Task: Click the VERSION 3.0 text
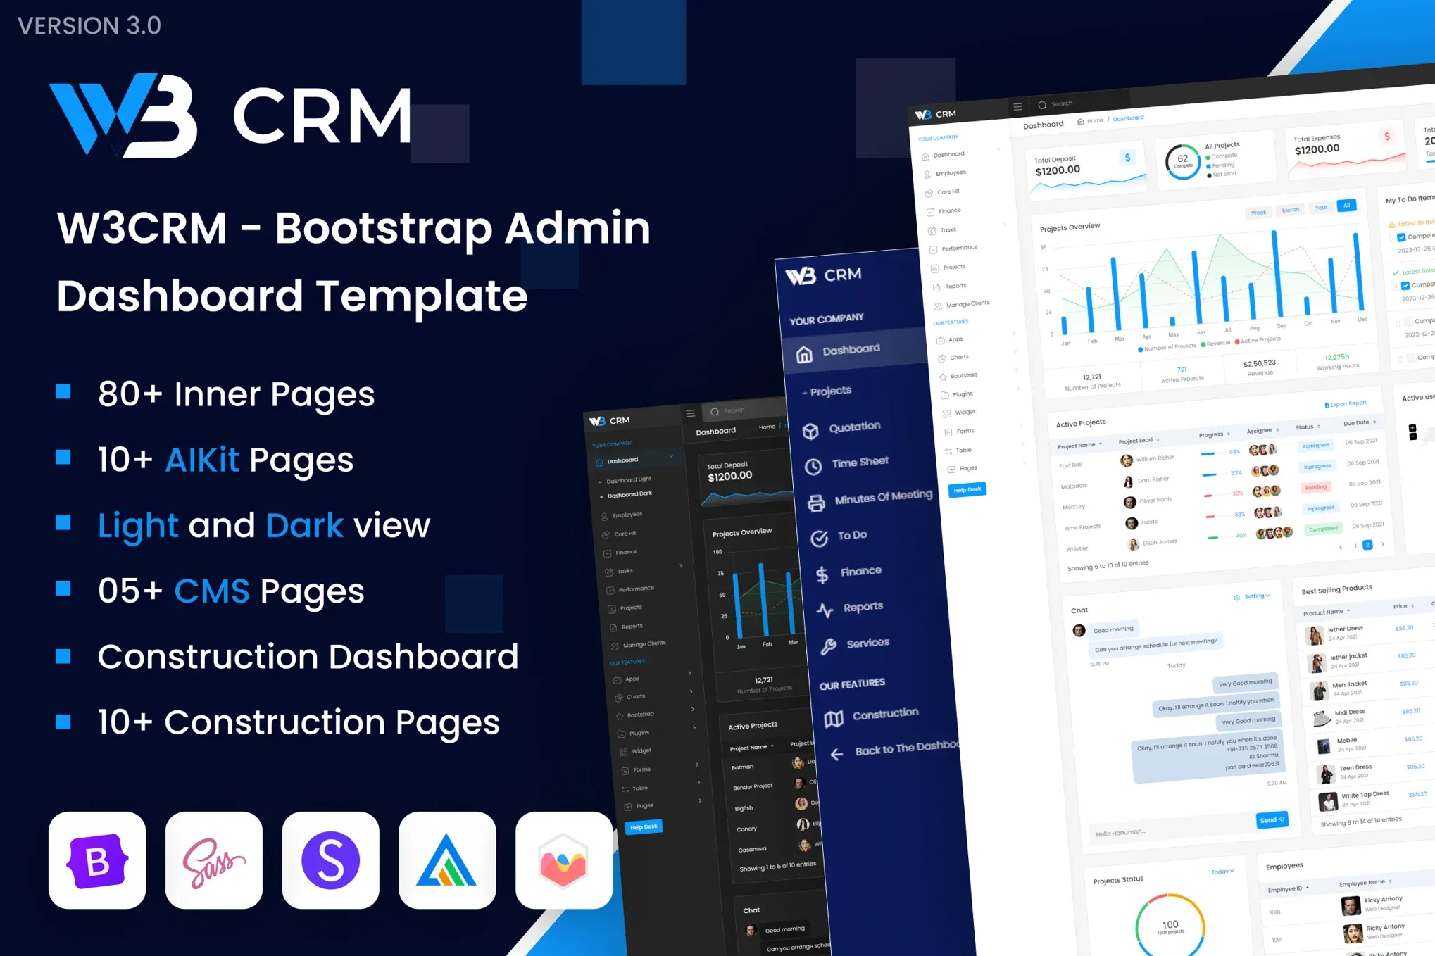pyautogui.click(x=89, y=26)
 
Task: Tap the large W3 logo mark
pyautogui.click(x=124, y=115)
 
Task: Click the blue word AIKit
pyautogui.click(x=202, y=460)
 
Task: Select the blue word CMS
pyautogui.click(x=211, y=591)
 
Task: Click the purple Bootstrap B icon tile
pyautogui.click(x=97, y=860)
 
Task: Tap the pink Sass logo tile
pyautogui.click(x=214, y=860)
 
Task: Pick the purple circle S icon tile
pyautogui.click(x=331, y=860)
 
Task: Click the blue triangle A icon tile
pyautogui.click(x=447, y=860)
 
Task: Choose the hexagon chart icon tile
pyautogui.click(x=563, y=860)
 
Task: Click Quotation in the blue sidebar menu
pyautogui.click(x=854, y=427)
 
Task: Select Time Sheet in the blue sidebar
pyautogui.click(x=860, y=462)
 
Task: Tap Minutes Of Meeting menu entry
pyautogui.click(x=883, y=497)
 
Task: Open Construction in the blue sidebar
pyautogui.click(x=885, y=714)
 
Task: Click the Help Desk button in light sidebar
pyautogui.click(x=967, y=489)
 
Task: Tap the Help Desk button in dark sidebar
pyautogui.click(x=643, y=827)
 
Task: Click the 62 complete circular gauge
pyautogui.click(x=1183, y=161)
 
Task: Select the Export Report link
pyautogui.click(x=1346, y=404)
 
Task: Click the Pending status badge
pyautogui.click(x=1315, y=487)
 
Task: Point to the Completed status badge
pyautogui.click(x=1323, y=529)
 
